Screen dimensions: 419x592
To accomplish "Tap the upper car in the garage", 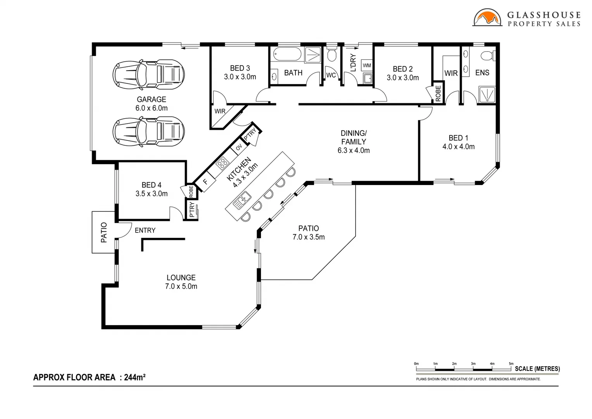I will pos(148,73).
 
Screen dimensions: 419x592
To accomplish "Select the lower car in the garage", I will pos(148,131).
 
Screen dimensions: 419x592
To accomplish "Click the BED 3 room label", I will pos(240,68).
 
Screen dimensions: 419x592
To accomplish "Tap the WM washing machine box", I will pos(367,65).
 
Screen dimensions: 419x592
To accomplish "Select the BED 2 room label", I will pos(402,69).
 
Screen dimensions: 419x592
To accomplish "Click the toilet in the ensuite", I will pos(487,55).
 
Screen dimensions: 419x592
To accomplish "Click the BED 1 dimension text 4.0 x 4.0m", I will pos(458,147).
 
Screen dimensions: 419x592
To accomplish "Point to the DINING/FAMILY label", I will pos(353,137).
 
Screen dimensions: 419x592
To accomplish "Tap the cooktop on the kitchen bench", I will pos(223,163).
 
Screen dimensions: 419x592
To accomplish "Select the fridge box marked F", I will pos(205,182).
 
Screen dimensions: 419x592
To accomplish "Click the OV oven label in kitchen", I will pos(239,147).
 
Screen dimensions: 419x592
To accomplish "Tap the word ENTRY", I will pos(145,230).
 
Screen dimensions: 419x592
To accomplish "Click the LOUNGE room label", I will pos(181,278).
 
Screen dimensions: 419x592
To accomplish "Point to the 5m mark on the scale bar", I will pos(511,364).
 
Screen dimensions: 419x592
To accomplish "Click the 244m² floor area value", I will pos(135,377).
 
